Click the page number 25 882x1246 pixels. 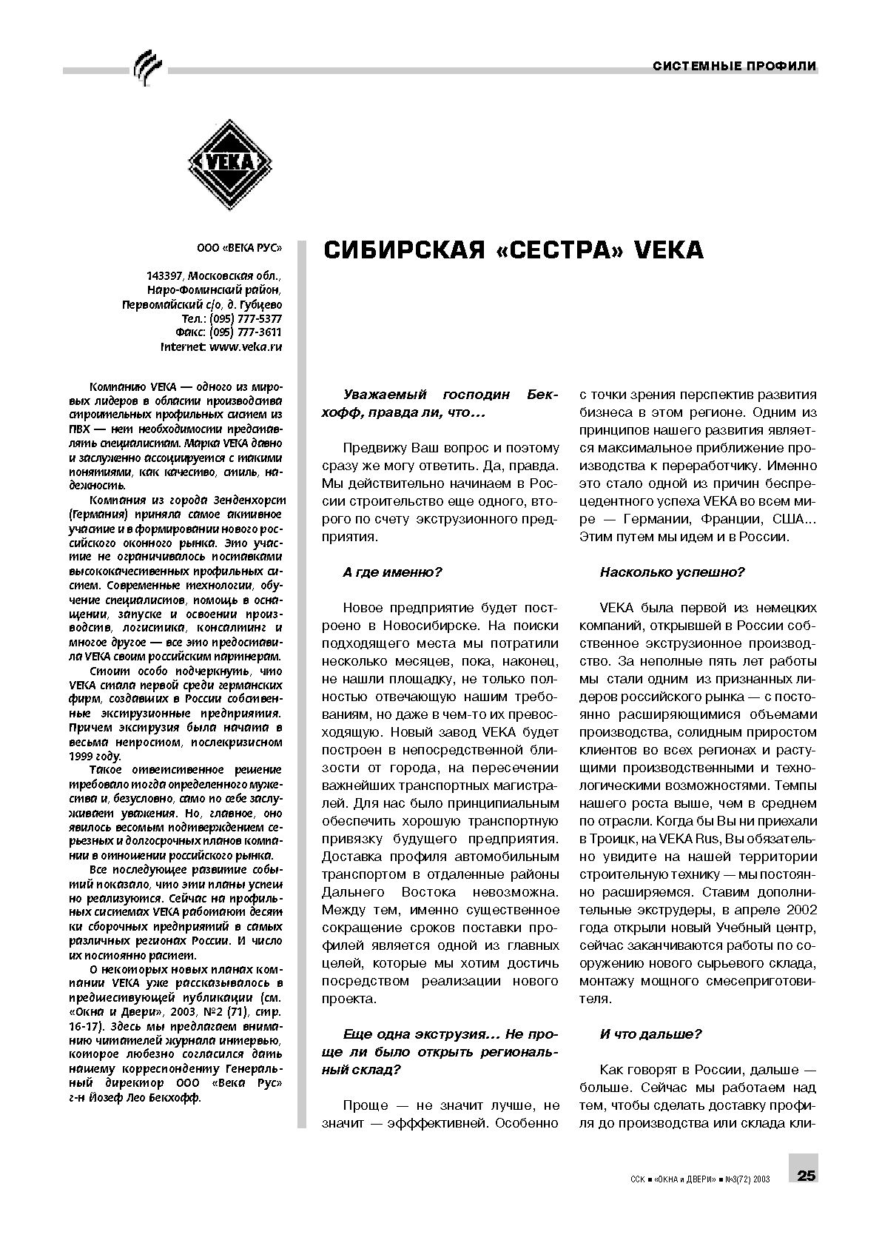pos(806,1176)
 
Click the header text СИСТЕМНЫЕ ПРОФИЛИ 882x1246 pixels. pos(734,66)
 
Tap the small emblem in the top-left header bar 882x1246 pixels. pos(146,68)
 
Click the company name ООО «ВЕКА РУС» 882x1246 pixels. pos(239,249)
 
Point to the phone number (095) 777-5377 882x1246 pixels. pos(246,318)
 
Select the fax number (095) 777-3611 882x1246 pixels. pos(246,332)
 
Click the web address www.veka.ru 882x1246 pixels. pos(246,346)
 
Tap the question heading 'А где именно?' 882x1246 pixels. pos(392,572)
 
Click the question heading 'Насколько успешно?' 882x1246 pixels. pos(672,572)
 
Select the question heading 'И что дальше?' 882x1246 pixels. pos(650,1034)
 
